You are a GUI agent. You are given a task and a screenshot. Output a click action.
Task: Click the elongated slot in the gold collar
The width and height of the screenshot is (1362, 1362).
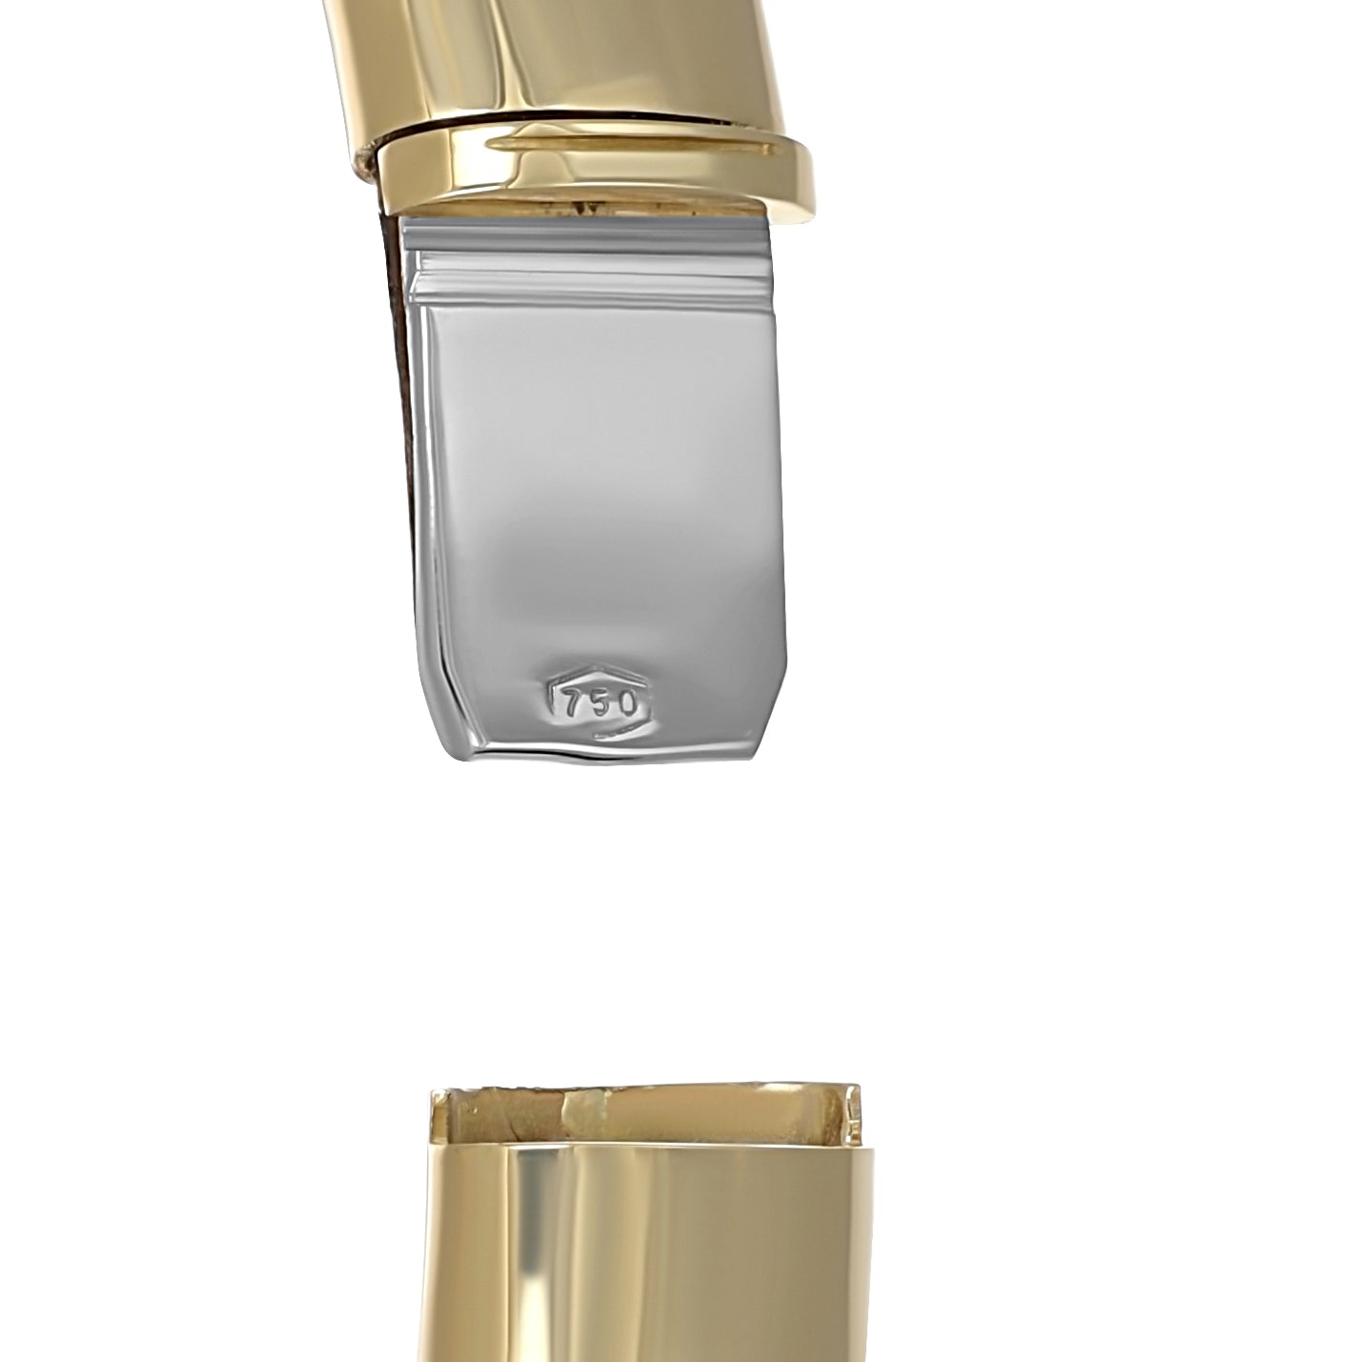click(640, 145)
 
